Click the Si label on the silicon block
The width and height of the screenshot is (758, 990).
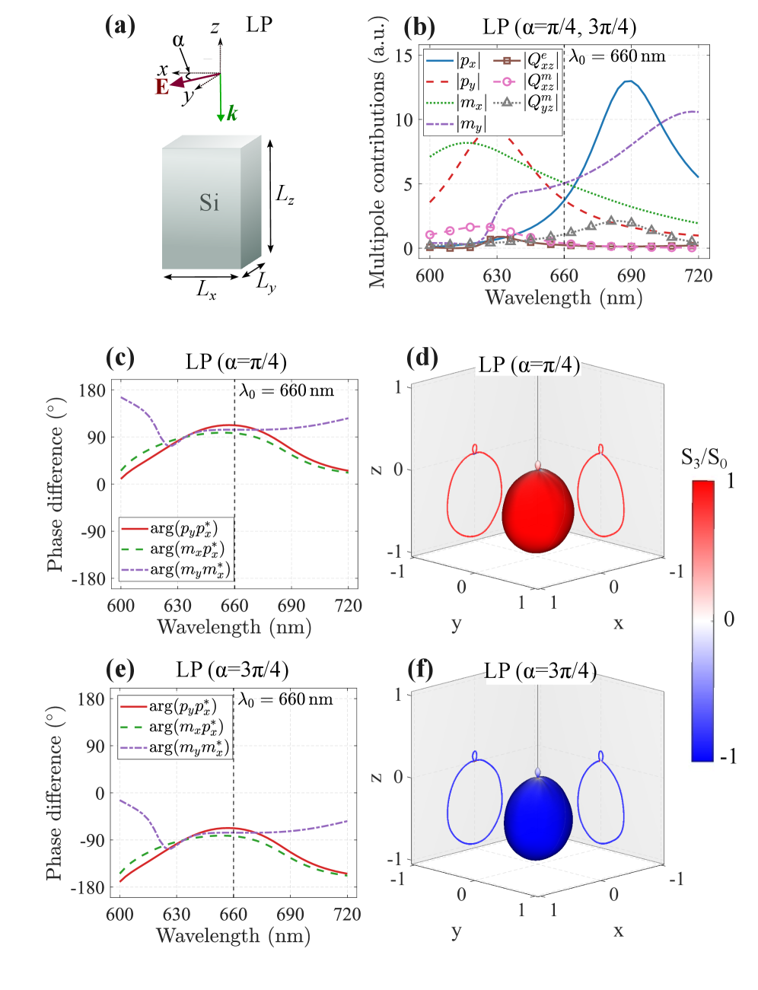click(x=209, y=202)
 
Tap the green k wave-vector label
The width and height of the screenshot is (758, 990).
click(x=232, y=114)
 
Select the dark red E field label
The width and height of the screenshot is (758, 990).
click(x=162, y=88)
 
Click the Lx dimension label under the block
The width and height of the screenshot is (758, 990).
click(x=206, y=289)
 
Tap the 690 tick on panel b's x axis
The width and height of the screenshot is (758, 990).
click(x=631, y=275)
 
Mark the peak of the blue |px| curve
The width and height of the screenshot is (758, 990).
click(x=628, y=81)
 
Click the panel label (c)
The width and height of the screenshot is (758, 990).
click(x=120, y=358)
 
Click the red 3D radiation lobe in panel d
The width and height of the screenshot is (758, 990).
click(x=538, y=511)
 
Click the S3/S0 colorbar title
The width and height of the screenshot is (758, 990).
click(x=704, y=458)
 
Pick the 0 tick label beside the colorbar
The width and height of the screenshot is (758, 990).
click(x=729, y=619)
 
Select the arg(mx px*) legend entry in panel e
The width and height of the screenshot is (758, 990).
click(x=186, y=727)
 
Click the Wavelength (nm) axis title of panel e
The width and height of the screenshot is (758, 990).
click(x=233, y=935)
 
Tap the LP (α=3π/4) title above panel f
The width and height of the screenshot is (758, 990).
click(x=540, y=671)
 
